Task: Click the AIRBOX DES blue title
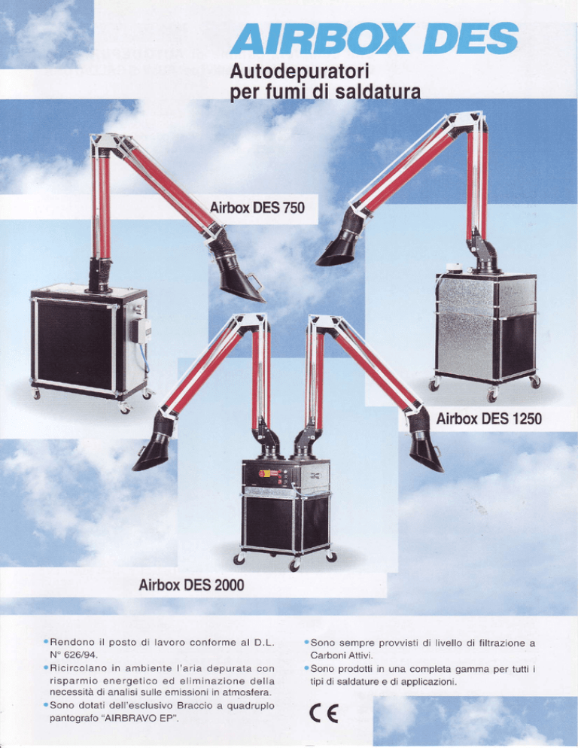pyautogui.click(x=374, y=38)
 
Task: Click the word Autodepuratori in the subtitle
pyautogui.click(x=300, y=71)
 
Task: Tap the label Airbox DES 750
pyautogui.click(x=257, y=208)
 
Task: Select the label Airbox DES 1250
pyautogui.click(x=488, y=419)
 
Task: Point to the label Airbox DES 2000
pyautogui.click(x=191, y=585)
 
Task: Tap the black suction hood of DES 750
pyautogui.click(x=241, y=284)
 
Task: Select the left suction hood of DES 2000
pyautogui.click(x=152, y=453)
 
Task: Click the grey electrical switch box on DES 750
pyautogui.click(x=141, y=331)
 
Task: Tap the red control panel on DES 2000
pyautogui.click(x=270, y=473)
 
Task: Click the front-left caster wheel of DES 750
pyautogui.click(x=36, y=394)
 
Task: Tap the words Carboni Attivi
pyautogui.click(x=340, y=656)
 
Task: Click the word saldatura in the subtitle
pyautogui.click(x=378, y=91)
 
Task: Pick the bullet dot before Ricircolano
pyautogui.click(x=45, y=668)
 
